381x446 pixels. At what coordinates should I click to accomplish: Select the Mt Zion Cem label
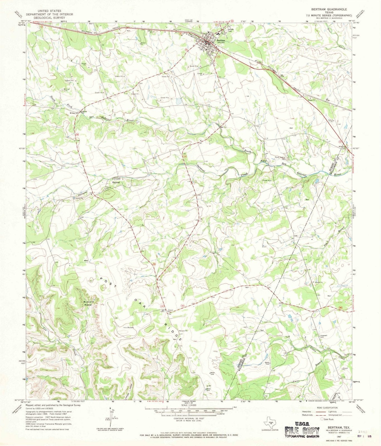(x=64, y=90)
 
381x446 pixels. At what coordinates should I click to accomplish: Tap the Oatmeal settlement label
(x=116, y=182)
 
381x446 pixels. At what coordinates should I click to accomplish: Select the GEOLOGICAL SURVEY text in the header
(x=49, y=17)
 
